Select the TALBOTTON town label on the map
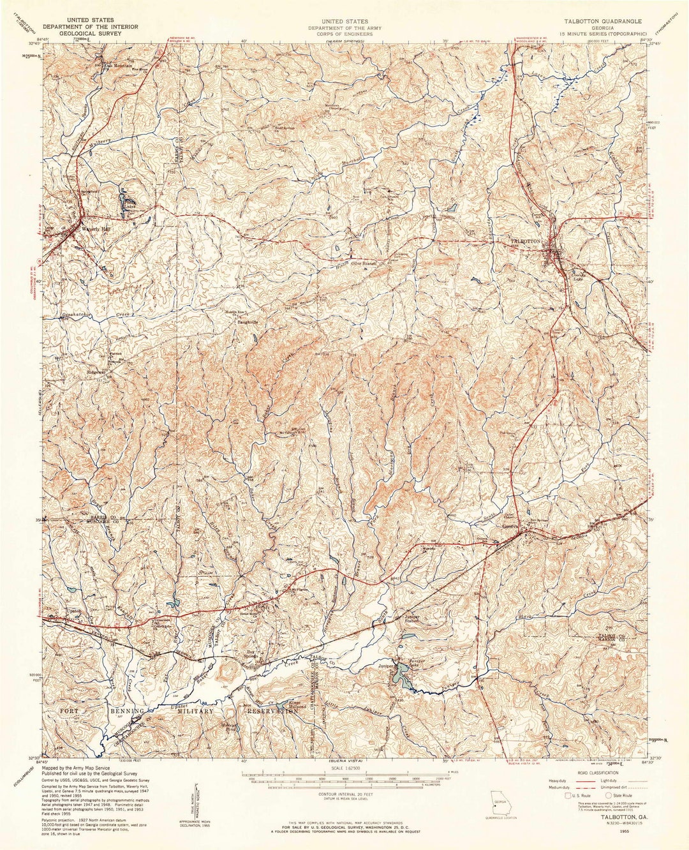526,241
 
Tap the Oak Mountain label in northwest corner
118,65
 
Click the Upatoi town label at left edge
73,611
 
